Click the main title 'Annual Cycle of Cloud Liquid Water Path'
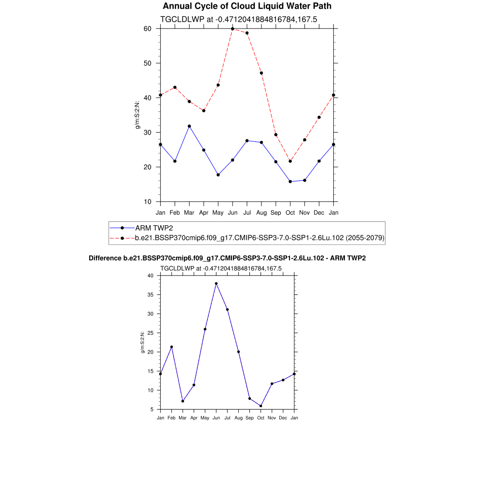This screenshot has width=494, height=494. pyautogui.click(x=247, y=6)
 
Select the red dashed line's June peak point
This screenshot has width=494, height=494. pyautogui.click(x=233, y=29)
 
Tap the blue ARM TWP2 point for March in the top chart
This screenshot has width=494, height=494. pyautogui.click(x=189, y=126)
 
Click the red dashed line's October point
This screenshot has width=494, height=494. pyautogui.click(x=290, y=161)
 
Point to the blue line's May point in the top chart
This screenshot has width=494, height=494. pyautogui.click(x=218, y=175)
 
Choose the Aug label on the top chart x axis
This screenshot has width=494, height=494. pyautogui.click(x=261, y=212)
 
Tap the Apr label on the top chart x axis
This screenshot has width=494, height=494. pyautogui.click(x=204, y=212)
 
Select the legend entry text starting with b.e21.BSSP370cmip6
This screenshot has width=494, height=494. pyautogui.click(x=259, y=238)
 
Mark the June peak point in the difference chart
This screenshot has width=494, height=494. pyautogui.click(x=216, y=284)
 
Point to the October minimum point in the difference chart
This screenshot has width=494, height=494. pyautogui.click(x=261, y=406)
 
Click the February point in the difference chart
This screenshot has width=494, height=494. pyautogui.click(x=171, y=347)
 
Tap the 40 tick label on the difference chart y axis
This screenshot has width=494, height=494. pyautogui.click(x=150, y=275)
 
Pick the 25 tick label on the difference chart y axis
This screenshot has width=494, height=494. pyautogui.click(x=150, y=333)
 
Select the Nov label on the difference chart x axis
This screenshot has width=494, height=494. pyautogui.click(x=272, y=418)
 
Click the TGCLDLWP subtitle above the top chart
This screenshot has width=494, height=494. pyautogui.click(x=238, y=19)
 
